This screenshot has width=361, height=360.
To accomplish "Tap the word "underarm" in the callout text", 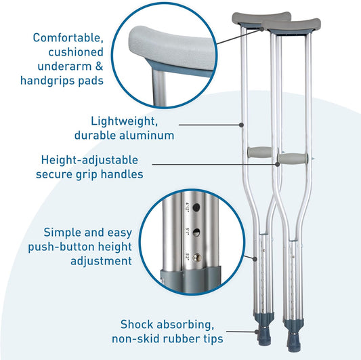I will click(59, 66).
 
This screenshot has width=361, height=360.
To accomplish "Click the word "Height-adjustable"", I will click(89, 160).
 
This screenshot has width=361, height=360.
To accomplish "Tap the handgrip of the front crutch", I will click(295, 160).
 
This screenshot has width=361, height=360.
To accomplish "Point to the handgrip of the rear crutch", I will click(262, 151).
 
